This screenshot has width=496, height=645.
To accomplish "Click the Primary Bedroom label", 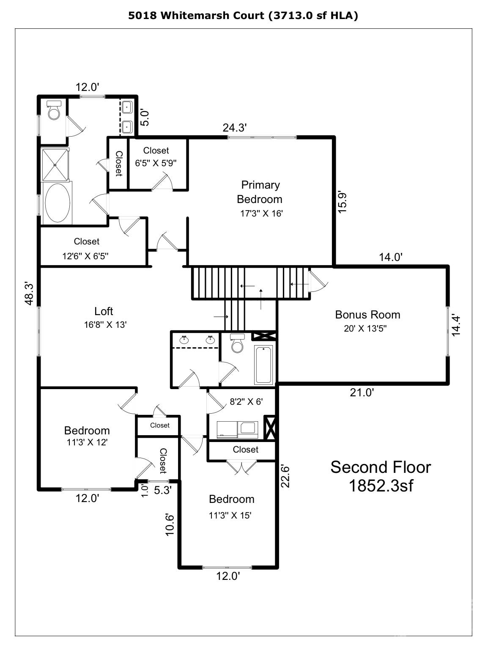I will point(260,192).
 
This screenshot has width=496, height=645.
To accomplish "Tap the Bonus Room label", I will point(367,315).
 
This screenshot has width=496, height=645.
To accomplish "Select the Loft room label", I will point(104,311).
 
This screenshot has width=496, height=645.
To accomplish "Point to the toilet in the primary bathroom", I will point(54,111).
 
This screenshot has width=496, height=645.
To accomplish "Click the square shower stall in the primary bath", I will point(57,165).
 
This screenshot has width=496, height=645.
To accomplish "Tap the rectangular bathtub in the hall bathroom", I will point(264,364).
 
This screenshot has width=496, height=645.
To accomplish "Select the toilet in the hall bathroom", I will point(237,344).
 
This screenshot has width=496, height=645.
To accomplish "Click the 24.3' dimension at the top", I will point(235,128).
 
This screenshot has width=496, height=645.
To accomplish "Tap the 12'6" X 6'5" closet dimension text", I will point(86,256).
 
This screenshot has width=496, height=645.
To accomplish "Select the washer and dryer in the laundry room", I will point(237,429).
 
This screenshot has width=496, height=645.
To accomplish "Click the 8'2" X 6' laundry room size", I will point(246,402).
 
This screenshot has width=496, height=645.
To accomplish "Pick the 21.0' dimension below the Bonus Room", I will point(362,393).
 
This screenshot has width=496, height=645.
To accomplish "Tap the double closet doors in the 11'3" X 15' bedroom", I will point(241,467).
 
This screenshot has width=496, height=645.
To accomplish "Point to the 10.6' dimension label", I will point(170,525).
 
